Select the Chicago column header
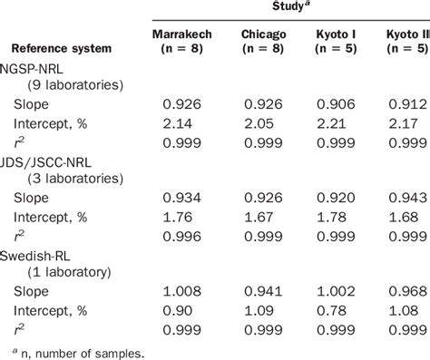point(265,35)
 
